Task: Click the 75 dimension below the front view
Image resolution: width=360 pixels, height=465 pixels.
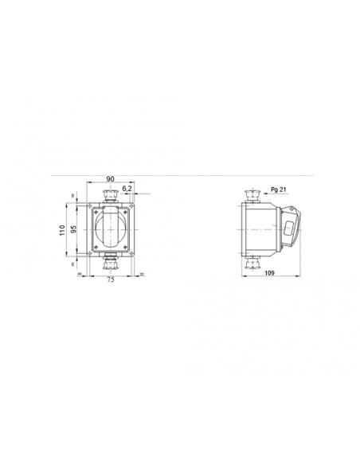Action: (110, 280)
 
